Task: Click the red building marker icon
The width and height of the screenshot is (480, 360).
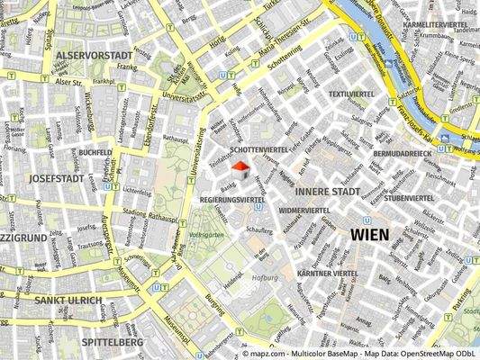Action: click(240, 169)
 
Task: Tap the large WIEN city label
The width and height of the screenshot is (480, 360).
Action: click(369, 234)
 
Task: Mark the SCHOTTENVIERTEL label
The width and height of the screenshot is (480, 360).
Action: click(259, 148)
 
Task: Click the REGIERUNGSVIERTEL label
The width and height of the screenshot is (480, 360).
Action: click(232, 198)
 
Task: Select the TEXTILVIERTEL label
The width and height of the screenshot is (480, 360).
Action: click(351, 94)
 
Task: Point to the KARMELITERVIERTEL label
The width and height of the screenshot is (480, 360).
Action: click(435, 24)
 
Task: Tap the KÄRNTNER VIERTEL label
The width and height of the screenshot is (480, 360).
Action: click(328, 273)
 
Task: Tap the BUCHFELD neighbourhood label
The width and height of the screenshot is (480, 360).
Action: click(95, 153)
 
